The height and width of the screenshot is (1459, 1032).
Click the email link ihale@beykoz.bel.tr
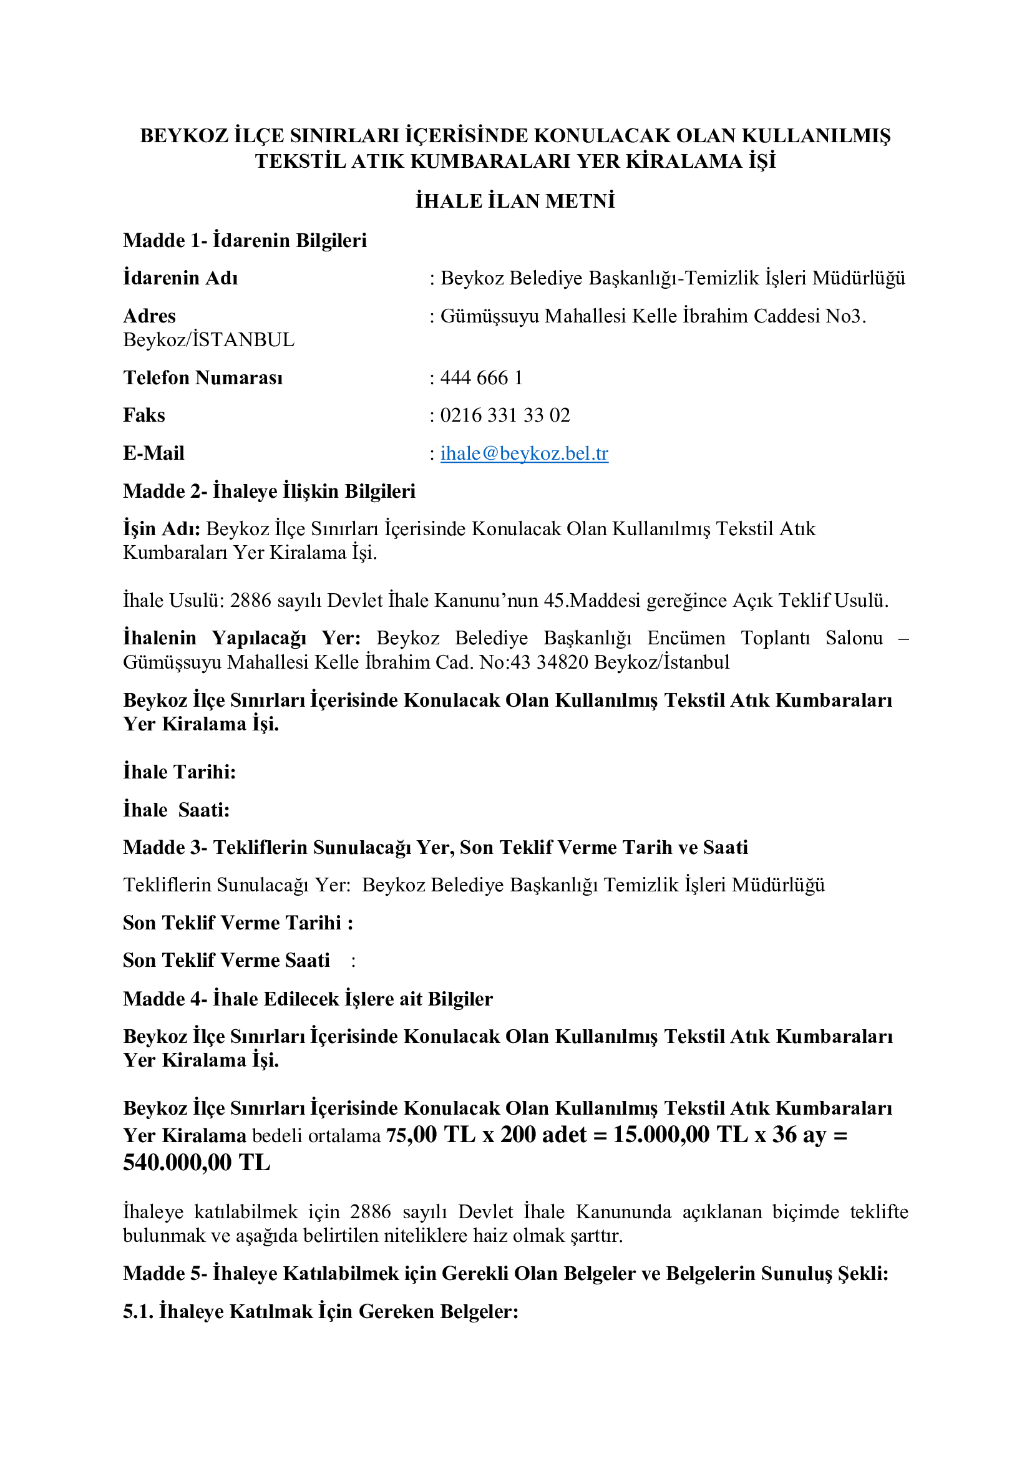pyautogui.click(x=524, y=453)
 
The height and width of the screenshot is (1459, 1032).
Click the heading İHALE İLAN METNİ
pyautogui.click(x=515, y=201)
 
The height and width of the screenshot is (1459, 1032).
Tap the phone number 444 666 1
pyautogui.click(x=481, y=377)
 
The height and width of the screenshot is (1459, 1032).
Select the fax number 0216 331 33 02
pyautogui.click(x=505, y=415)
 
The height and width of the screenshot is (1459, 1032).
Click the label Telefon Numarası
pyautogui.click(x=203, y=377)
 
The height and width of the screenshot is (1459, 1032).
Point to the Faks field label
pyautogui.click(x=144, y=415)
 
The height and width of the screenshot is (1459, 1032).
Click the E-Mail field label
pyautogui.click(x=153, y=453)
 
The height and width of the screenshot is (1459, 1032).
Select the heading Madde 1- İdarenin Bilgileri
pyautogui.click(x=245, y=240)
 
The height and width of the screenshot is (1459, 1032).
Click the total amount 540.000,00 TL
pyautogui.click(x=197, y=1162)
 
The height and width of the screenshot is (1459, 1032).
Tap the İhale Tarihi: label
pyautogui.click(x=179, y=772)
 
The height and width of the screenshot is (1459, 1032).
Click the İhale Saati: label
pyautogui.click(x=176, y=810)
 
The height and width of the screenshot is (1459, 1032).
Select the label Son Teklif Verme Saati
pyautogui.click(x=226, y=959)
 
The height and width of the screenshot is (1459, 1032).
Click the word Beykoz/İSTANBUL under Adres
pyautogui.click(x=208, y=340)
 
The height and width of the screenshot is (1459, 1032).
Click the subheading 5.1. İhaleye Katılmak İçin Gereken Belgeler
pyautogui.click(x=321, y=1311)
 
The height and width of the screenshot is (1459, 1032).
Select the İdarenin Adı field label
pyautogui.click(x=180, y=278)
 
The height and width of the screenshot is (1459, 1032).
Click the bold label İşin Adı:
pyautogui.click(x=162, y=529)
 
